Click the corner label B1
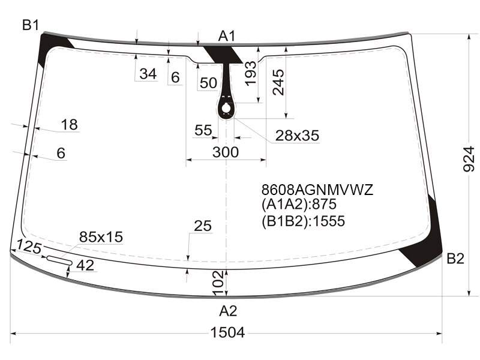tap(31, 25)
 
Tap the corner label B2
tap(455, 259)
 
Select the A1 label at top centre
tap(227, 36)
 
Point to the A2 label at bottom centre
tap(228, 311)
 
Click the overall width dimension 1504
tap(227, 332)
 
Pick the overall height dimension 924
tap(469, 159)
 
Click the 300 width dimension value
tap(226, 152)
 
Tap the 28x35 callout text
tap(297, 136)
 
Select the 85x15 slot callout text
tap(101, 236)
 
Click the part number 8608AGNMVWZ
tap(317, 190)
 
